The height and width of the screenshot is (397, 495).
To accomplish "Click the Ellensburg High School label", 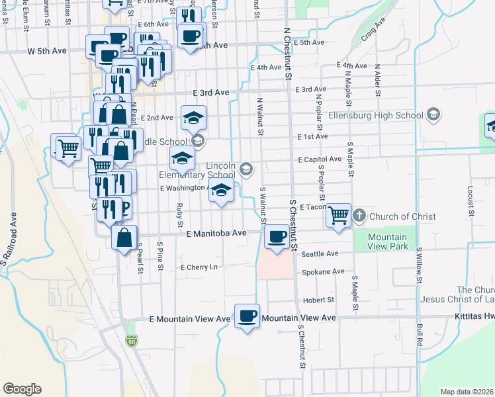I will pos(385,116).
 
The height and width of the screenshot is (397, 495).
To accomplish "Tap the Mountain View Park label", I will pos(387,242).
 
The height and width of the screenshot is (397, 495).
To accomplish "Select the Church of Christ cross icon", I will pos(359,216).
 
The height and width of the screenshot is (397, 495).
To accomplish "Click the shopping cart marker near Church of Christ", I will pos(338,215).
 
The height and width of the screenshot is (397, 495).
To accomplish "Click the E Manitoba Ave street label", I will pos(216,234).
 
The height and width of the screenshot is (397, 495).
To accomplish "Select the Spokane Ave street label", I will pos(323,271).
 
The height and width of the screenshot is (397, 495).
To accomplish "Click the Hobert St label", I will pos(318,300).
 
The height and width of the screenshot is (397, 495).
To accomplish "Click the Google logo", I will pos(22,389).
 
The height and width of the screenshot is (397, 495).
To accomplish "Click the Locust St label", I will pos(471,195).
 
